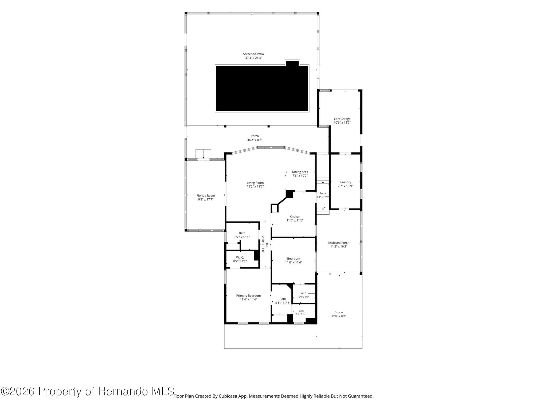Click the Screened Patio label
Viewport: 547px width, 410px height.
253,54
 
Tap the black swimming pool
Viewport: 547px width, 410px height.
262,88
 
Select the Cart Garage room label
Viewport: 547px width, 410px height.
342,119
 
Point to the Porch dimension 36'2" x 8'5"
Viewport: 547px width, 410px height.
255,140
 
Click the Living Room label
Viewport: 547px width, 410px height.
255,183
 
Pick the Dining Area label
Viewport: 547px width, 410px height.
300,172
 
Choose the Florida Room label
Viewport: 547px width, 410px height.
206,196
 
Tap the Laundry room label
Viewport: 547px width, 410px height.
345,182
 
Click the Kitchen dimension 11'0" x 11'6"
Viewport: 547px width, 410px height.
295,220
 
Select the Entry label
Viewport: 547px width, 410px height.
323,194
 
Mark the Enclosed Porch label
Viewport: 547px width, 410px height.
339,243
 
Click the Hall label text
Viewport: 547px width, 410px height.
267,245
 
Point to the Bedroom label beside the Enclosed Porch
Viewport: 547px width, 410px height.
294,259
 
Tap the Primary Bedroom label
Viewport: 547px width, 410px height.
248,296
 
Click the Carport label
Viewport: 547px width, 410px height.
339,313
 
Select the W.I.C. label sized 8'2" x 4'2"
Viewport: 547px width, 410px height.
240,258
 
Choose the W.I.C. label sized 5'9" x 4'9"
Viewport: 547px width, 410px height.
303,293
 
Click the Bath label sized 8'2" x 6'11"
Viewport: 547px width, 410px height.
242,233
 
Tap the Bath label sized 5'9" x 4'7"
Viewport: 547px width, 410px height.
301,311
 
